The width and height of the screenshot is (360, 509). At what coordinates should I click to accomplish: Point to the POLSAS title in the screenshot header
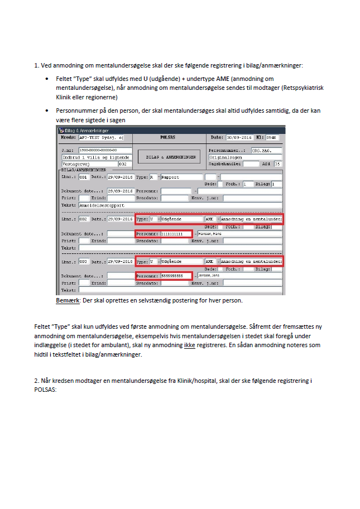(167, 137)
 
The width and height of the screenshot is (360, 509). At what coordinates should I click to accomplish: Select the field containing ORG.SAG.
(267, 151)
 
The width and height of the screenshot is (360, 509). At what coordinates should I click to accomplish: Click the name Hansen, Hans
(211, 234)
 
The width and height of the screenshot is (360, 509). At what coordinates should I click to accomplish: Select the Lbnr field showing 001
(84, 177)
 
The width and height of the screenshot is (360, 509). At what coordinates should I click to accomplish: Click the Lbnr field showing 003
(84, 261)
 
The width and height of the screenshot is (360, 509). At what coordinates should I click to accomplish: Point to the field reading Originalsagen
(244, 157)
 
